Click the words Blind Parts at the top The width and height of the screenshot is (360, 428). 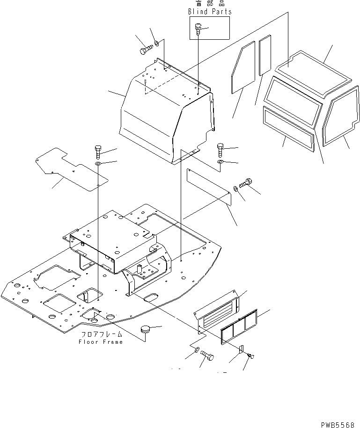[x=210, y=12]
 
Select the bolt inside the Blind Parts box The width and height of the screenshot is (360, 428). [x=198, y=29]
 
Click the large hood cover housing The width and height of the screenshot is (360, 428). [x=159, y=112]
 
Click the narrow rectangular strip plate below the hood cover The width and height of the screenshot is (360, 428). [x=208, y=187]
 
